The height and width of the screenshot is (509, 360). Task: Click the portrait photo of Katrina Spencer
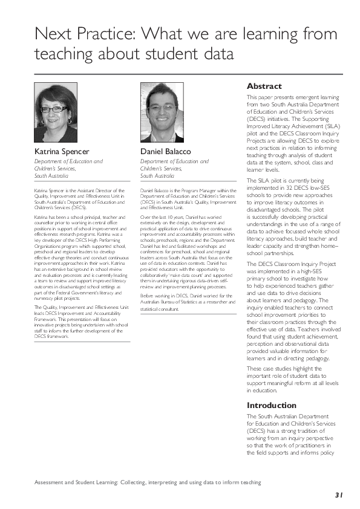[56, 112]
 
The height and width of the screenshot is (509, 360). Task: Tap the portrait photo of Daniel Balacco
[162, 112]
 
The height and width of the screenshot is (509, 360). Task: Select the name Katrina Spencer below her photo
[61, 151]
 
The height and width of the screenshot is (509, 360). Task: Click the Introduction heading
[271, 405]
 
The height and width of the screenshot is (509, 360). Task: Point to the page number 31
[339, 494]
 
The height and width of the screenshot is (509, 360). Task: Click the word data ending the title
[215, 54]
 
